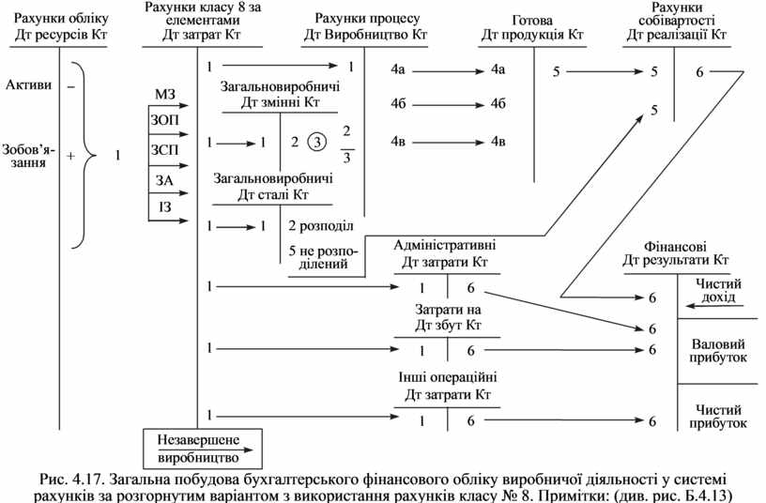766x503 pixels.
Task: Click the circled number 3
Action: [319, 142]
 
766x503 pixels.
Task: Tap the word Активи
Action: [27, 85]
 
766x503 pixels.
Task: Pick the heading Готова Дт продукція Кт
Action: [532, 28]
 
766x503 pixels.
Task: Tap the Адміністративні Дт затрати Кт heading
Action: [445, 253]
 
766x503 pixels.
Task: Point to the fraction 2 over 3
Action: [347, 143]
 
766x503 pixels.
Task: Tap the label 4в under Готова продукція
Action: [498, 142]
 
